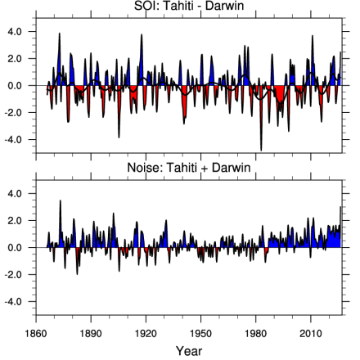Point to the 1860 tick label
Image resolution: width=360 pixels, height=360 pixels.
pyautogui.click(x=36, y=333)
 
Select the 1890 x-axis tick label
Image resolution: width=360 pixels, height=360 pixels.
pyautogui.click(x=91, y=333)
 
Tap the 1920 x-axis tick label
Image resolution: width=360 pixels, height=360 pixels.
pyautogui.click(x=146, y=333)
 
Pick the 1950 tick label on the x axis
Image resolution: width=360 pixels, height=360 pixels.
pyautogui.click(x=201, y=333)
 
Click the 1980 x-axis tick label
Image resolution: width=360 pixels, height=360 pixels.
pyautogui.click(x=256, y=333)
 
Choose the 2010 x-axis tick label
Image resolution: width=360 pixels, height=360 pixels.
pyautogui.click(x=311, y=333)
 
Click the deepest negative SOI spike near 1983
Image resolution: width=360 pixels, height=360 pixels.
pyautogui.click(x=261, y=150)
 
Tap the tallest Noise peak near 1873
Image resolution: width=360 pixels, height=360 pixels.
pyautogui.click(x=60, y=200)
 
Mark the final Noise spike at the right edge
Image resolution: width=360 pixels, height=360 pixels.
pyautogui.click(x=340, y=207)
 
